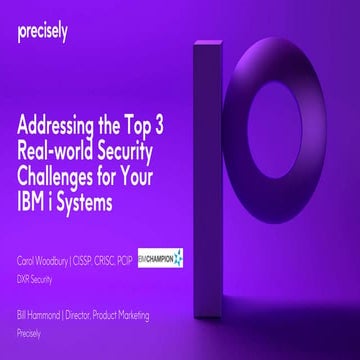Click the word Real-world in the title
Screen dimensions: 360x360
click(61, 150)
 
